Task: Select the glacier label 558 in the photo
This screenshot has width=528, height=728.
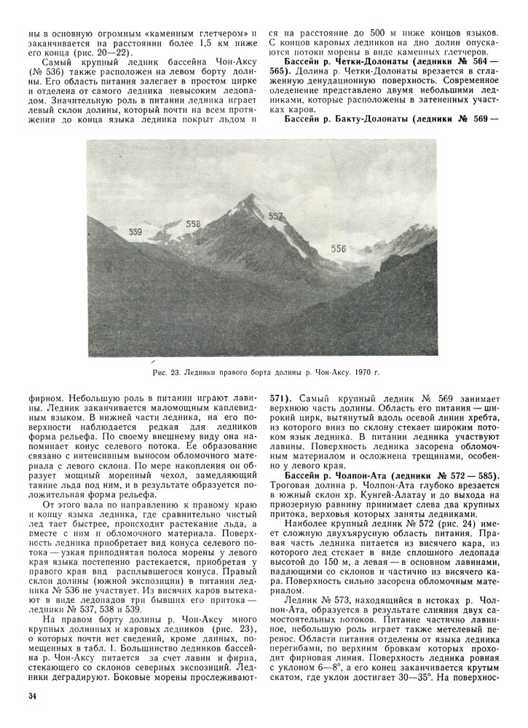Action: [x=193, y=224]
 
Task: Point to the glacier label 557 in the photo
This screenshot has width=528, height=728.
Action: [x=275, y=216]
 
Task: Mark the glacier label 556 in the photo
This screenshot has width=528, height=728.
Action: [x=339, y=248]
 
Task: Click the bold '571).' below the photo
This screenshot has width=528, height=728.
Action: [x=283, y=399]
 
